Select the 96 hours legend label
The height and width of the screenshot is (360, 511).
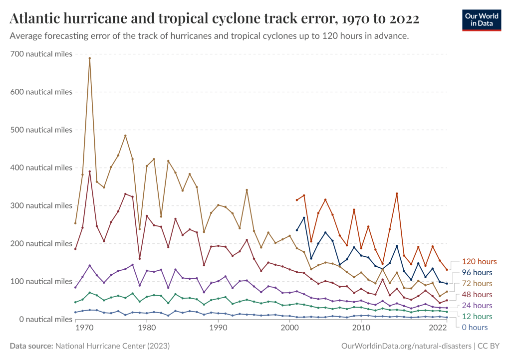point(476,273)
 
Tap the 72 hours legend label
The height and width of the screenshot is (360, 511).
point(476,284)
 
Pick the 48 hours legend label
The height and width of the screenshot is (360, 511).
point(476,295)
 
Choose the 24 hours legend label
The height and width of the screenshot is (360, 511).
point(476,306)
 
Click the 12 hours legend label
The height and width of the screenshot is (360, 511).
point(476,317)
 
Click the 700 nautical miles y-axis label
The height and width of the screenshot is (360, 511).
point(41,54)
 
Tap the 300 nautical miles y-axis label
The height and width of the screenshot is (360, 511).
point(41,205)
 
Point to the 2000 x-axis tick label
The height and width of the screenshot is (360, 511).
point(289,329)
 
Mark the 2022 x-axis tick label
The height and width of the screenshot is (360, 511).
point(437,329)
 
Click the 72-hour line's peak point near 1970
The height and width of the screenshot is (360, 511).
point(89,58)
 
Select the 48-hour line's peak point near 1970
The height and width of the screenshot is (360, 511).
point(89,172)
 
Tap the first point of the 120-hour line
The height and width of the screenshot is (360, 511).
point(297,200)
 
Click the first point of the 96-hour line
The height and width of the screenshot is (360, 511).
point(297,230)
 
